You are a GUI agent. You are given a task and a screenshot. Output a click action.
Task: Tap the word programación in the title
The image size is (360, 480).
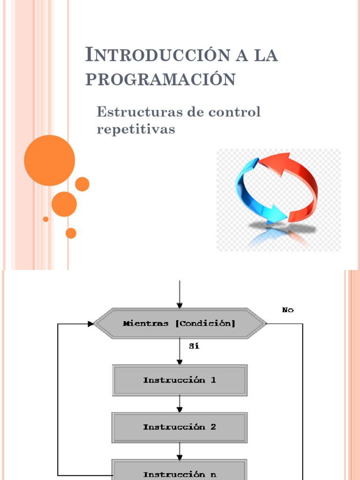[160, 80]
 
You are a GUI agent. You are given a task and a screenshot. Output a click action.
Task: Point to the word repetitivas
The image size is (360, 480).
[135, 129]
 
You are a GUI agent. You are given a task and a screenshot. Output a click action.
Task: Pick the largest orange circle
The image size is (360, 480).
[49, 160]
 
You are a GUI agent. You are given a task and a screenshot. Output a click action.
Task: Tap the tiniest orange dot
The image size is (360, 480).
[45, 219]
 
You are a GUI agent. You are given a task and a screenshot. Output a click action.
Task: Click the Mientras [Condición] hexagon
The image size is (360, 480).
[180, 323]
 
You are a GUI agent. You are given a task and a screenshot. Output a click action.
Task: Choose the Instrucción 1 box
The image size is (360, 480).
[180, 380]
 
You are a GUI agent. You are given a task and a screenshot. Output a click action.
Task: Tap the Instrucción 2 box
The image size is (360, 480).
[180, 427]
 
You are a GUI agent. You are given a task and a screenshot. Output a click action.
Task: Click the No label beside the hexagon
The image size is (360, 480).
[288, 310]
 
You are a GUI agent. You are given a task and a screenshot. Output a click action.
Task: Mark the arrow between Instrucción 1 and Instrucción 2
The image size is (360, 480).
[180, 404]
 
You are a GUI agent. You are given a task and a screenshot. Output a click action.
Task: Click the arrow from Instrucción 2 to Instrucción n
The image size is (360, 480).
[180, 450]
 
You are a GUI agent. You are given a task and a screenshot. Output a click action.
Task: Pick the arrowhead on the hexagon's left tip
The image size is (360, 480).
[90, 323]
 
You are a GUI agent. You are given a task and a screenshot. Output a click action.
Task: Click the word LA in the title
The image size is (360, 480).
[265, 55]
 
